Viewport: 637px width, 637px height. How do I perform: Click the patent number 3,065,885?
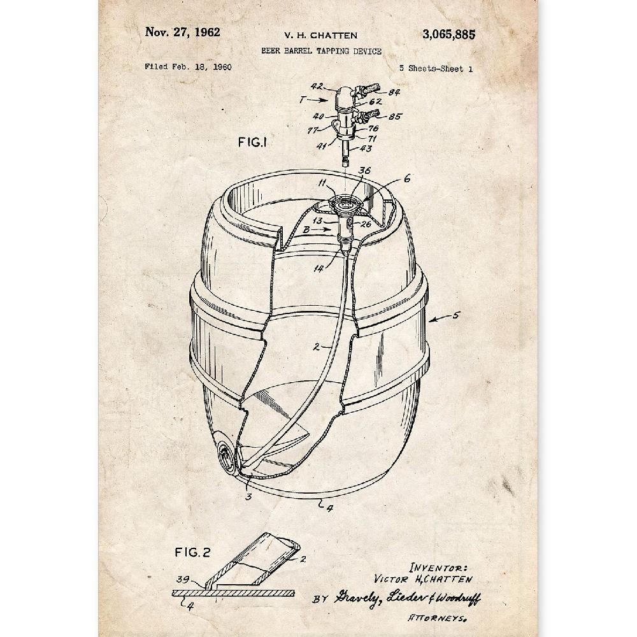pyautogui.click(x=448, y=35)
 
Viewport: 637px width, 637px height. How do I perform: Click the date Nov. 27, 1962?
pyautogui.click(x=182, y=32)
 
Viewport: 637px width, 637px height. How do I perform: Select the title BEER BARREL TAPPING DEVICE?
pyautogui.click(x=321, y=51)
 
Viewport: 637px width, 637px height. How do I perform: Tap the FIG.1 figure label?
pyautogui.click(x=252, y=143)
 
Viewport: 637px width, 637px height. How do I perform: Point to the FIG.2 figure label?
pyautogui.click(x=192, y=552)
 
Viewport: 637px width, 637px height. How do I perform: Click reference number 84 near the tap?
pyautogui.click(x=394, y=92)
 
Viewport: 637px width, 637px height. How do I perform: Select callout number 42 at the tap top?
pyautogui.click(x=317, y=87)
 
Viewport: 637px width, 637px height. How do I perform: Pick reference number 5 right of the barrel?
pyautogui.click(x=456, y=315)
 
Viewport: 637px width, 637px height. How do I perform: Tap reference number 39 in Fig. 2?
pyautogui.click(x=183, y=580)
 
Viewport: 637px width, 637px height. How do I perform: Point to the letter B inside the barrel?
pyautogui.click(x=307, y=230)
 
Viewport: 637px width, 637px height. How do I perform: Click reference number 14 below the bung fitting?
pyautogui.click(x=319, y=268)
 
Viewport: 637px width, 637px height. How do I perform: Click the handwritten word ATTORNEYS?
pyautogui.click(x=437, y=619)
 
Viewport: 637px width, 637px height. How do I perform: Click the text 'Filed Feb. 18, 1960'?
pyautogui.click(x=188, y=67)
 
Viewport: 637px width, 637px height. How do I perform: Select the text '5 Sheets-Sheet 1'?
pyautogui.click(x=436, y=69)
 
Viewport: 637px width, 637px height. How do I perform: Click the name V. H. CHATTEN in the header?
pyautogui.click(x=321, y=36)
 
